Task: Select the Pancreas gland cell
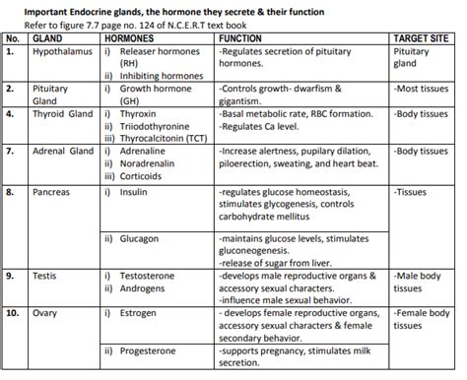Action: (x=55, y=192)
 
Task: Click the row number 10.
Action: (x=14, y=315)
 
